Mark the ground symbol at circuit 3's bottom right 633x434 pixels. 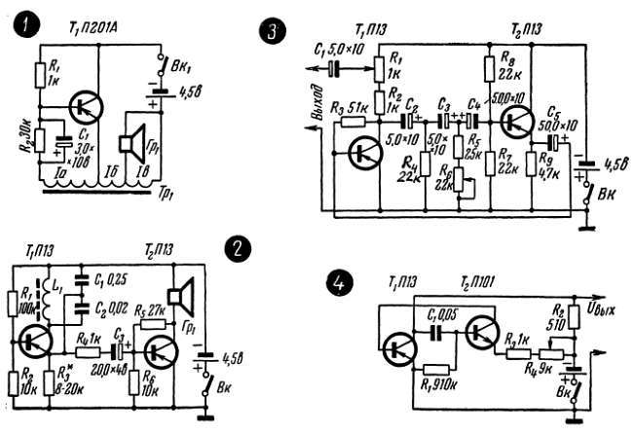tap(585, 228)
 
